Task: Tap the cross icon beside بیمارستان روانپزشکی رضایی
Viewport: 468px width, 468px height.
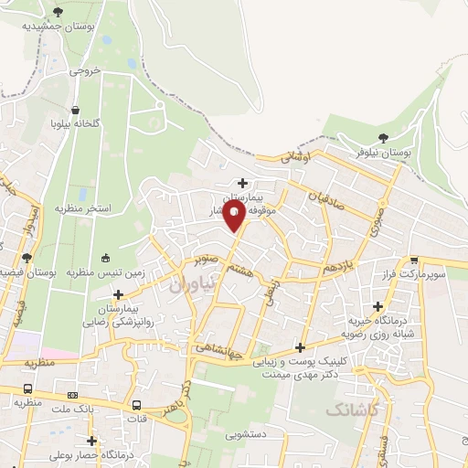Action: click(117, 294)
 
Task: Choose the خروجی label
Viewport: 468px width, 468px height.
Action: click(82, 69)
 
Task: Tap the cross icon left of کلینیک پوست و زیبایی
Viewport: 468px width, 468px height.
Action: click(301, 347)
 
